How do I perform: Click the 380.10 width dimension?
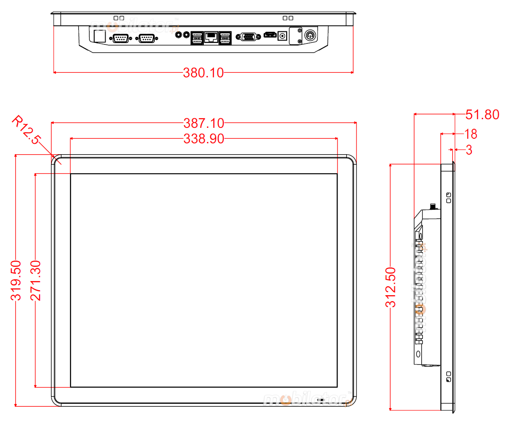point(203,72)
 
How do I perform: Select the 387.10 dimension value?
point(204,123)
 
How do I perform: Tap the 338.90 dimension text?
point(204,139)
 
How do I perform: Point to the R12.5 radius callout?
point(26,130)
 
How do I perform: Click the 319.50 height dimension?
point(16,280)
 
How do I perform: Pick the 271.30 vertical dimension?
point(35,280)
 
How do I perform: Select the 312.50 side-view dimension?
point(391,288)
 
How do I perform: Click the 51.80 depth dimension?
point(482,115)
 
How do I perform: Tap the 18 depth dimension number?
point(470,134)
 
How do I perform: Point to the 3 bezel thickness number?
point(469,150)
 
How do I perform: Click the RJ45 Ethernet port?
point(211,37)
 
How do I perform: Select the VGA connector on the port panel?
point(247,37)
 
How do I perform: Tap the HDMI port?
point(270,35)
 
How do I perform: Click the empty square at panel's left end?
point(99,35)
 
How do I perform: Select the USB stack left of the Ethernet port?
point(197,38)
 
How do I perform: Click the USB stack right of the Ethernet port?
point(225,38)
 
